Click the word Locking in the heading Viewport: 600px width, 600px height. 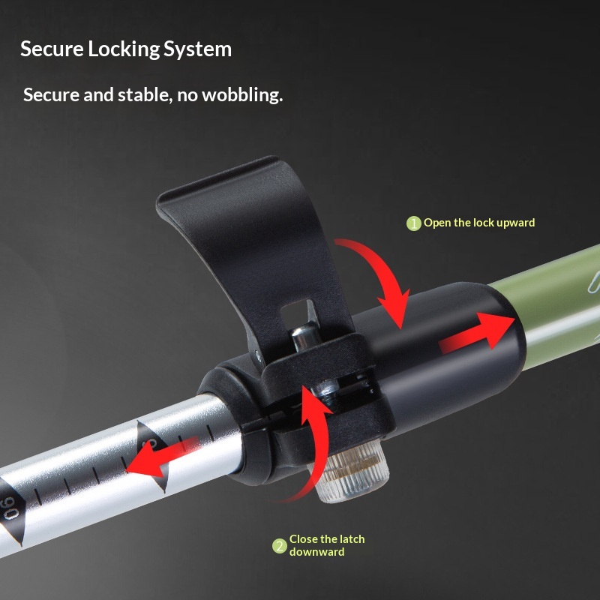(x=124, y=49)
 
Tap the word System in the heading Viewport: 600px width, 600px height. (x=197, y=49)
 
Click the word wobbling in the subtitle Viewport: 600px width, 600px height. (x=242, y=95)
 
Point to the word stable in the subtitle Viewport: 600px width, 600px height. (x=143, y=95)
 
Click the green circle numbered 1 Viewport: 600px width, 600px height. (x=414, y=223)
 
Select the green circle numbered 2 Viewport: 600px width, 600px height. (x=279, y=546)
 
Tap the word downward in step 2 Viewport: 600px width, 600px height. (x=316, y=552)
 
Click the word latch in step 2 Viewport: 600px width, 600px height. (x=349, y=539)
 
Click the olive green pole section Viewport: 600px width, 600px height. (x=555, y=306)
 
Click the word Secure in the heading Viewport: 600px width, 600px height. (x=52, y=49)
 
